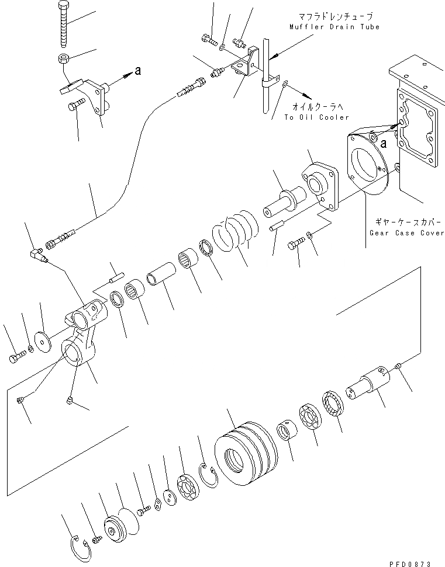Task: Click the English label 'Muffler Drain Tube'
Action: [x=334, y=27]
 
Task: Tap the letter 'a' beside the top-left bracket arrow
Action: [x=138, y=71]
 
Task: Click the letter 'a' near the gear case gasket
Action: [x=382, y=142]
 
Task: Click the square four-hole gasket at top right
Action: [x=416, y=126]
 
